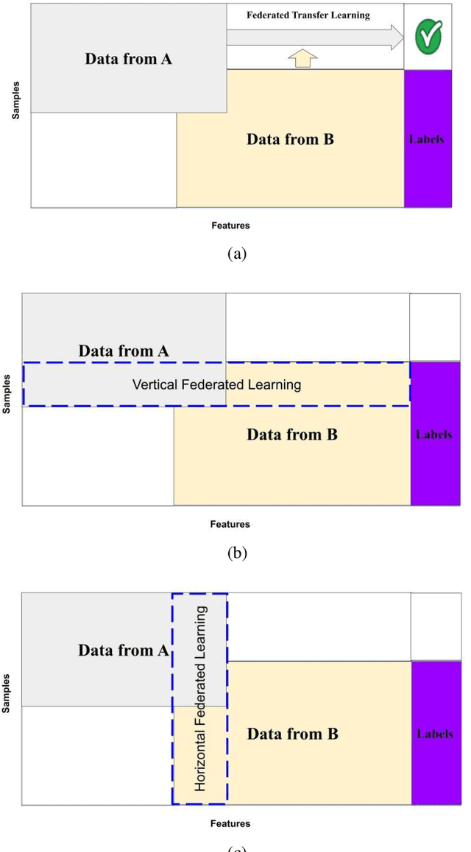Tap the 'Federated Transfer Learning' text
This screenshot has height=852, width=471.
308,15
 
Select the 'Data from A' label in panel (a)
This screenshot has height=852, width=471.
129,60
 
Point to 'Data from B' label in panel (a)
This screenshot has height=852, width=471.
290,139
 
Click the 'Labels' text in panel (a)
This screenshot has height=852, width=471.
427,139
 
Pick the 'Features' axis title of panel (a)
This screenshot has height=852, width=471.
230,226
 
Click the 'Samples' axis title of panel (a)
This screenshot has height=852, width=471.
16,99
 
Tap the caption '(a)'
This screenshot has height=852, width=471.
236,254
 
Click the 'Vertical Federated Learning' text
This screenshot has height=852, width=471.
216,384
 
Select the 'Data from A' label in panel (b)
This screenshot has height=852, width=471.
124,351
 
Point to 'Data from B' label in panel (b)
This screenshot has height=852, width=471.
292,434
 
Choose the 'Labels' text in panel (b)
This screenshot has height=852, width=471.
433,434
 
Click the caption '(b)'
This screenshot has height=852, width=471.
236,554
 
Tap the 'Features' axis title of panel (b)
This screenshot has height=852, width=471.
230,524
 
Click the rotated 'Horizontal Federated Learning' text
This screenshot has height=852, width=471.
200,698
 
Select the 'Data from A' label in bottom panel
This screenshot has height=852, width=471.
124,651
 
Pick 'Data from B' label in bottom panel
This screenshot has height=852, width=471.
292,734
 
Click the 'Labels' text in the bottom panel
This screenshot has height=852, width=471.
434,734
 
